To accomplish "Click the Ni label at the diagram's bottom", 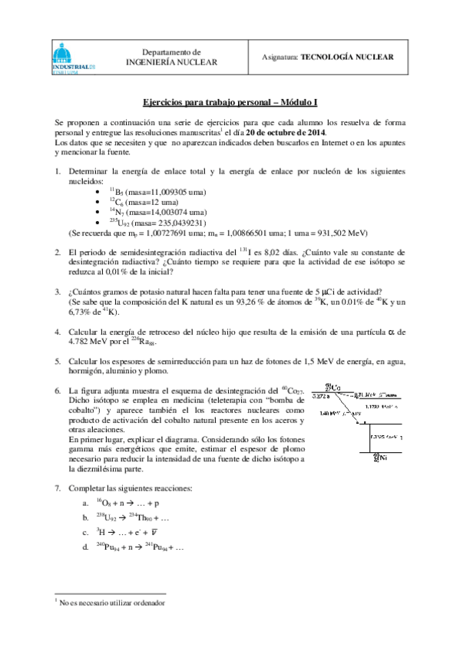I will tap(376, 459).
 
